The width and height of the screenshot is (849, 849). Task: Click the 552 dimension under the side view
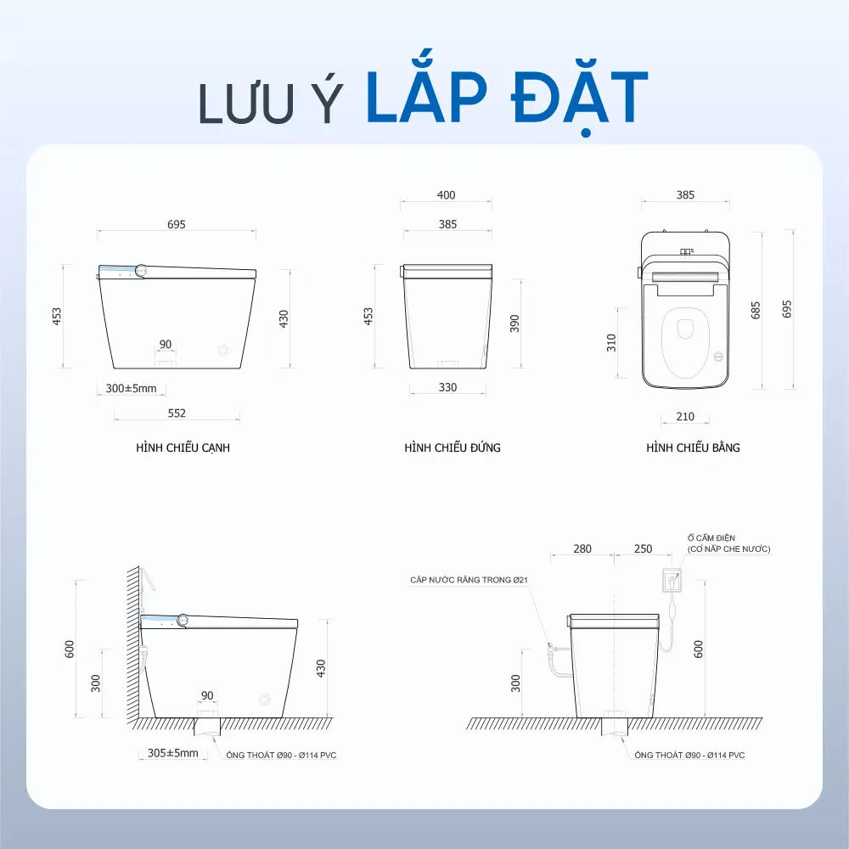click(x=177, y=413)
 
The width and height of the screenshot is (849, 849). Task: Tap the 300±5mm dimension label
click(x=131, y=388)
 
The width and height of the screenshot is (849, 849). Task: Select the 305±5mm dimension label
click(x=172, y=752)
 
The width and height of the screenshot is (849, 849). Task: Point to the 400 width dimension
click(x=447, y=195)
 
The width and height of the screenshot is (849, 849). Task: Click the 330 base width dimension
click(x=447, y=387)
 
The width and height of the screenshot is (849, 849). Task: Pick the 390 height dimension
click(x=514, y=323)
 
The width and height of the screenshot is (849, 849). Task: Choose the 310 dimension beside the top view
click(x=611, y=343)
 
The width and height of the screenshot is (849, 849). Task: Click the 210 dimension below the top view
click(x=685, y=416)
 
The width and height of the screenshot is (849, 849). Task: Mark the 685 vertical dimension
click(x=756, y=310)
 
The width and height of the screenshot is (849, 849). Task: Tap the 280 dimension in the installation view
click(x=582, y=548)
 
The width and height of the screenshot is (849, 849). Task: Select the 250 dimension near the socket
click(x=643, y=548)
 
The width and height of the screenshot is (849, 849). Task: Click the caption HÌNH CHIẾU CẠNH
click(x=183, y=447)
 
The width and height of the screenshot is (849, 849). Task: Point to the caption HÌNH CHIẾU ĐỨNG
click(x=453, y=447)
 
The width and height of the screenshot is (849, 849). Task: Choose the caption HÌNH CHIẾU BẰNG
click(x=693, y=447)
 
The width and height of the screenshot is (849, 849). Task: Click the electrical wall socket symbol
click(x=672, y=580)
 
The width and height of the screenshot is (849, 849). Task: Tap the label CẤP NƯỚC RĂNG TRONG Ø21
click(x=469, y=580)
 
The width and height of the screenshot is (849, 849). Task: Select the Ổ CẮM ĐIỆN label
click(x=711, y=537)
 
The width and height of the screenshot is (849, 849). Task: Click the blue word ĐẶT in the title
click(x=579, y=98)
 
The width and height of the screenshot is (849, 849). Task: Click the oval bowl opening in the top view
click(x=685, y=342)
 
